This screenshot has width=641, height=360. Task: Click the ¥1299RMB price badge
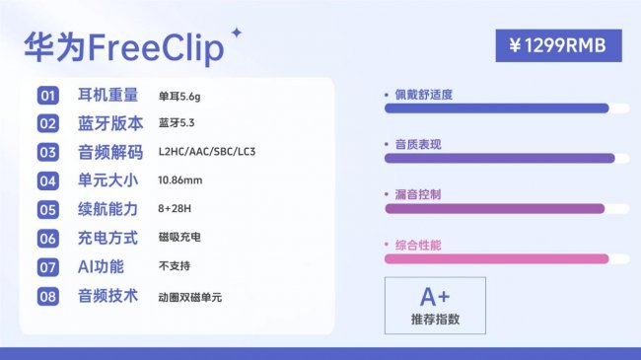pos(558,45)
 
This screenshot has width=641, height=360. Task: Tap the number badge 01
pos(48,97)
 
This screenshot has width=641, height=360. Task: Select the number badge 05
pos(48,210)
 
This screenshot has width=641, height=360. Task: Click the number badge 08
pos(48,296)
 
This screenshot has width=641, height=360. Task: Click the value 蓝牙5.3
pos(178,124)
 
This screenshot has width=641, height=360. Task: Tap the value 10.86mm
pos(179,180)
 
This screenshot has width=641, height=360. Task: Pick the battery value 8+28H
pos(176,210)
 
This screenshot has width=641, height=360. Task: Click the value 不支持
pos(174,267)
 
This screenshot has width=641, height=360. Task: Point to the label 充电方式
pos(108,238)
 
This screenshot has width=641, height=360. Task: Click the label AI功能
pos(102,266)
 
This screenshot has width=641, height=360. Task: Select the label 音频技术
pos(108,295)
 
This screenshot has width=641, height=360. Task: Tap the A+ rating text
pos(435,297)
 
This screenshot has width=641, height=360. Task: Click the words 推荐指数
pos(435,320)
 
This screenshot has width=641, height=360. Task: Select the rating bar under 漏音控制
pos(493,209)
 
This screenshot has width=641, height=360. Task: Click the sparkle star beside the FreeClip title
pos(236,34)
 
